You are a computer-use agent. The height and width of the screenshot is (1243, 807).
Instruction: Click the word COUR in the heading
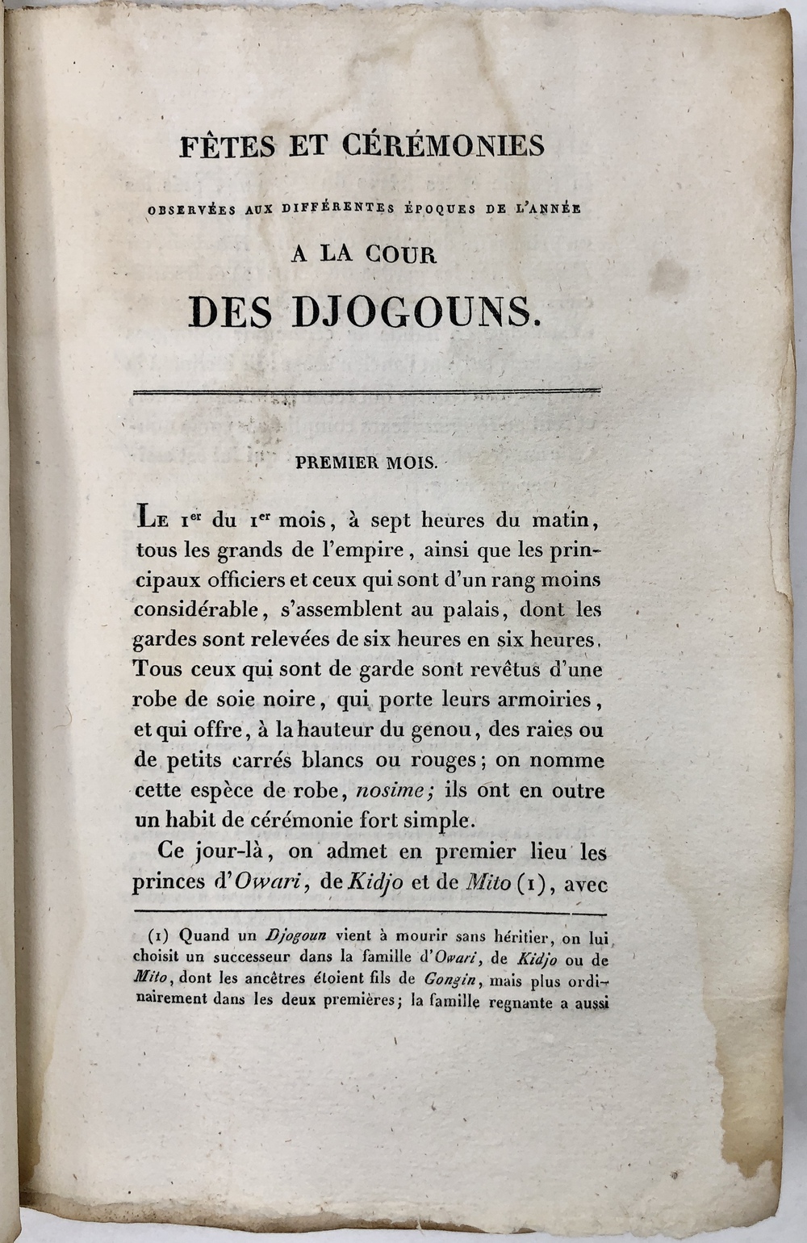[401, 255]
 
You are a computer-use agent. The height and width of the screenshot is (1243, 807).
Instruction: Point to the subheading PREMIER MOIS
[366, 463]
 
